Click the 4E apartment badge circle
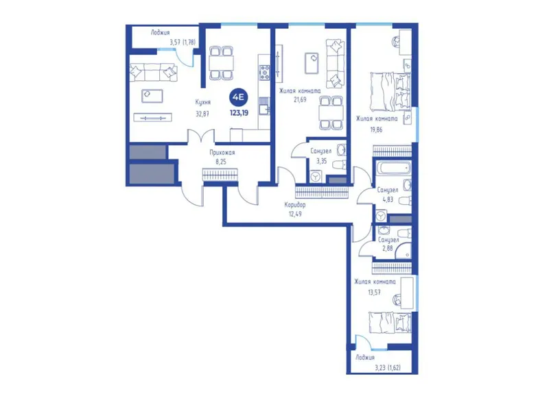239,97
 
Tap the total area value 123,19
239,113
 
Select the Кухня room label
203,102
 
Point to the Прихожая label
222,152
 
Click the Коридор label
295,205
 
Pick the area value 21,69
300,99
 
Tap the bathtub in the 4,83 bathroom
393,168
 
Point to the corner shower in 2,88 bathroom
404,251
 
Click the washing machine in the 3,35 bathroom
316,177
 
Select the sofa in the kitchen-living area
154,73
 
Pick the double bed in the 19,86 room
390,91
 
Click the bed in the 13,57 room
390,322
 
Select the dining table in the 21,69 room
331,112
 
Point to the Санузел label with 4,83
388,190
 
